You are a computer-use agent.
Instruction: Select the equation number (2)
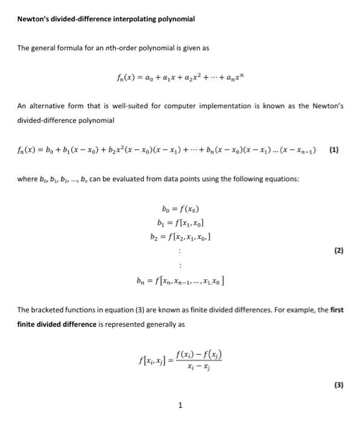pos(338,250)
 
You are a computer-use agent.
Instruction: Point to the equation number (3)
pos(338,384)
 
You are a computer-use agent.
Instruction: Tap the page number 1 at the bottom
pos(180,405)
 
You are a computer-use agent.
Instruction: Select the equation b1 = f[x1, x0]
pos(179,223)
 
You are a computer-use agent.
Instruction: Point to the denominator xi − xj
pos(199,366)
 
